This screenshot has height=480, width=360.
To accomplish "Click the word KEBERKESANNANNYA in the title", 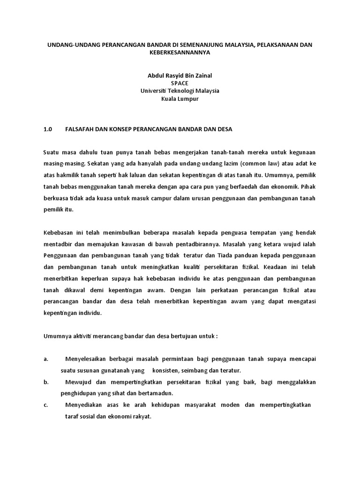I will click(x=180, y=53).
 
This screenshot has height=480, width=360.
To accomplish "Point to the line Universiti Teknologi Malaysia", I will click(x=180, y=91).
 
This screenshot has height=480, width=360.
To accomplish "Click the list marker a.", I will click(x=46, y=359).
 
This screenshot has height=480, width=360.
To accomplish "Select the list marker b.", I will click(x=46, y=382).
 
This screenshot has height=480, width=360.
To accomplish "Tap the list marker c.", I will click(x=46, y=405).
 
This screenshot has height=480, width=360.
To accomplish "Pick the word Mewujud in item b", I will click(x=78, y=382).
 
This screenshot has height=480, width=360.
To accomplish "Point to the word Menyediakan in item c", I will click(x=84, y=405).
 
